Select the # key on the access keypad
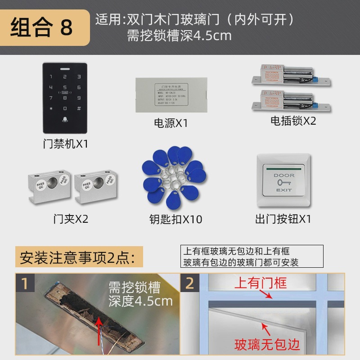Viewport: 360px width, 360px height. click(79, 108)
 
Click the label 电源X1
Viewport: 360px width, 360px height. click(171, 123)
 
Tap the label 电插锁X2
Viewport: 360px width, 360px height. click(293, 121)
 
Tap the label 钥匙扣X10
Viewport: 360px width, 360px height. click(175, 219)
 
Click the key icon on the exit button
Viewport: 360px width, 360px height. click(283, 183)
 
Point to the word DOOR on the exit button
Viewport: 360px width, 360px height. click(283, 175)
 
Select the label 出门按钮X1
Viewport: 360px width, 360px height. click(283, 219)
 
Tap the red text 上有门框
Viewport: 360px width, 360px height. click(260, 283)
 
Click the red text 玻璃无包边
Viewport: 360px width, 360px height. click(267, 345)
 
